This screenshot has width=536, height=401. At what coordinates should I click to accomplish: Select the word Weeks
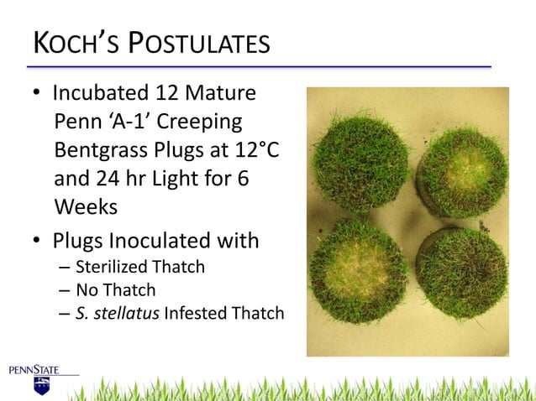pyautogui.click(x=85, y=206)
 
